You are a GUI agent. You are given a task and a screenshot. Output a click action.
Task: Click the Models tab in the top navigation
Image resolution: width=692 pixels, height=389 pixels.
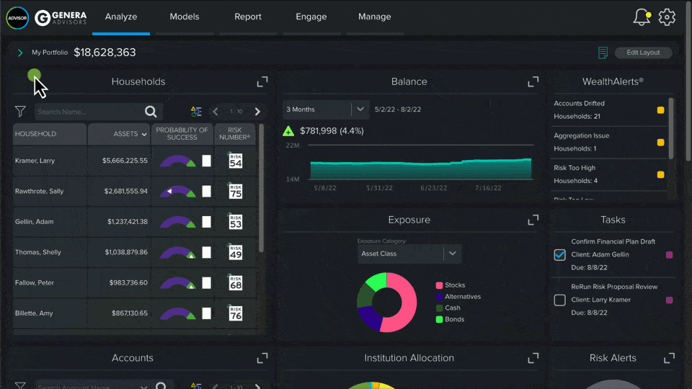pyautogui.click(x=185, y=17)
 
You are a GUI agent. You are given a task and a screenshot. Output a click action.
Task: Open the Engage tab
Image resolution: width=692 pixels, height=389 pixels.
pyautogui.click(x=311, y=17)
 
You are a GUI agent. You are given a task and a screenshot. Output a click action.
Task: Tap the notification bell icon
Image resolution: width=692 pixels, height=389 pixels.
pyautogui.click(x=641, y=17)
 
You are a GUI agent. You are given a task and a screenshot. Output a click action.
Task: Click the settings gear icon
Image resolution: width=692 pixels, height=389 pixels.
pyautogui.click(x=667, y=17)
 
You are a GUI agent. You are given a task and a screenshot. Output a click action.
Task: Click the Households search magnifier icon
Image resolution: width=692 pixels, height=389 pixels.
pyautogui.click(x=151, y=112)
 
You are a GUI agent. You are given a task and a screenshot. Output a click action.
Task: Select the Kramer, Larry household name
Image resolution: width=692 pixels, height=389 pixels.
pyautogui.click(x=35, y=161)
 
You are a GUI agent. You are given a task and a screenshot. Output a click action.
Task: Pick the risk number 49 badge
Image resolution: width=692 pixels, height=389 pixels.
pyautogui.click(x=235, y=252)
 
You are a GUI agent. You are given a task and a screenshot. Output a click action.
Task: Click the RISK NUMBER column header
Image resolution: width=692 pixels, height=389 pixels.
pyautogui.click(x=235, y=134)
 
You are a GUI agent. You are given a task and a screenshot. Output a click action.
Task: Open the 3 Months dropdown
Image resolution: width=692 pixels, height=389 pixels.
pyautogui.click(x=326, y=109)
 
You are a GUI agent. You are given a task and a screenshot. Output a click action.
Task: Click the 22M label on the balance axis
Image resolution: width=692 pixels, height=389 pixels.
pyautogui.click(x=293, y=146)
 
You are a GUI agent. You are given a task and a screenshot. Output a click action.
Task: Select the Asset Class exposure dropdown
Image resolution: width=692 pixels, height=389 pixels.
pyautogui.click(x=409, y=254)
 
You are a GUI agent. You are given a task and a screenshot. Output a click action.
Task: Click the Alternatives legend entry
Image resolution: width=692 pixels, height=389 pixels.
pyautogui.click(x=462, y=297)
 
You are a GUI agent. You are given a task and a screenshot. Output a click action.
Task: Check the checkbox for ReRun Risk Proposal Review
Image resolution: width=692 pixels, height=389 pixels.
pyautogui.click(x=559, y=300)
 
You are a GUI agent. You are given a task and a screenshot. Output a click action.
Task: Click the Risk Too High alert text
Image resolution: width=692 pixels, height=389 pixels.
pyautogui.click(x=575, y=168)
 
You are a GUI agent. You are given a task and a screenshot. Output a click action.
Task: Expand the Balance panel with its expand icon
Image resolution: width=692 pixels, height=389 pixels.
pyautogui.click(x=533, y=81)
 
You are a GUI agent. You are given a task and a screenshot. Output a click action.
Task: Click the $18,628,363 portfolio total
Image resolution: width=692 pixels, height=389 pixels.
pyautogui.click(x=105, y=53)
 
